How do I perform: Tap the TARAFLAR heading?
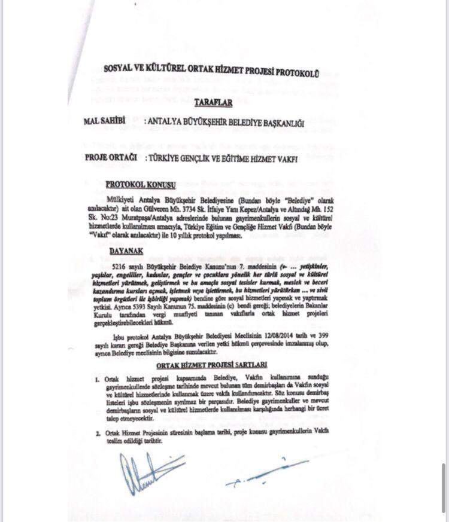(213, 103)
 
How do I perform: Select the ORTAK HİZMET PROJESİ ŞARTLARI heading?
(212, 364)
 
